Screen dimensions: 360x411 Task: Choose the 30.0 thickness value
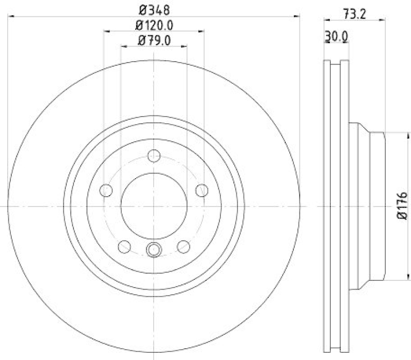point(337,37)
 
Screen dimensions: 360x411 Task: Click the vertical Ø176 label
point(402,206)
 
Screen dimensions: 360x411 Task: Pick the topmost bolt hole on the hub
point(154,156)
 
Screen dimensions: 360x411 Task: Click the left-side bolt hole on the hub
point(106,190)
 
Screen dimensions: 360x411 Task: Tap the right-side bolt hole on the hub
point(202,190)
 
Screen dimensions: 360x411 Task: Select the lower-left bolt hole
point(124,247)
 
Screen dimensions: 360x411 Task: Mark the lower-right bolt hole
point(183,247)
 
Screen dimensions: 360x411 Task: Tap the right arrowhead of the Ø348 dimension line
point(297,17)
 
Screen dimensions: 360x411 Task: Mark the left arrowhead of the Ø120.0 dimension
point(106,32)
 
